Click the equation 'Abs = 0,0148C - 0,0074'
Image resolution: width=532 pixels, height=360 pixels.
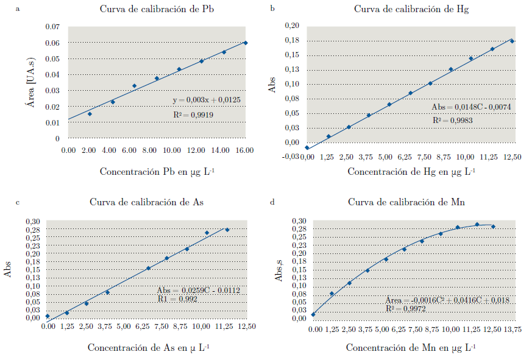point(471,107)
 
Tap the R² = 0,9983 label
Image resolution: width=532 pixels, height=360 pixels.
point(453,121)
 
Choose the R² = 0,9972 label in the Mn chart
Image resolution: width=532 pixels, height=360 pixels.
point(405,309)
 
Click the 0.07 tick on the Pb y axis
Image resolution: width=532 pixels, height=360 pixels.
point(52,27)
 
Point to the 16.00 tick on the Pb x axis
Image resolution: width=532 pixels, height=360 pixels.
point(246,150)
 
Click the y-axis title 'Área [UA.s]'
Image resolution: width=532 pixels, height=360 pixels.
point(29,83)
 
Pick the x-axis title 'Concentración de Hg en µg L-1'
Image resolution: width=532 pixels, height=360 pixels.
point(412,172)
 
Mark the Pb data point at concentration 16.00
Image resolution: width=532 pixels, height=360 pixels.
point(246,43)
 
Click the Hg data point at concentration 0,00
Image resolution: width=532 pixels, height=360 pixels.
point(307,148)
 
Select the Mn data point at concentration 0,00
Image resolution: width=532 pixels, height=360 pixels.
point(313,314)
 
